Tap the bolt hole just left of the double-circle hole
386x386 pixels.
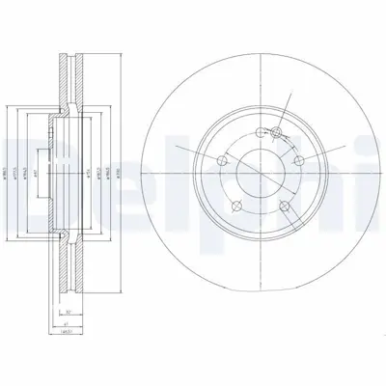pos(257,135)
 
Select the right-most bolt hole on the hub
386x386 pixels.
pos(299,161)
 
